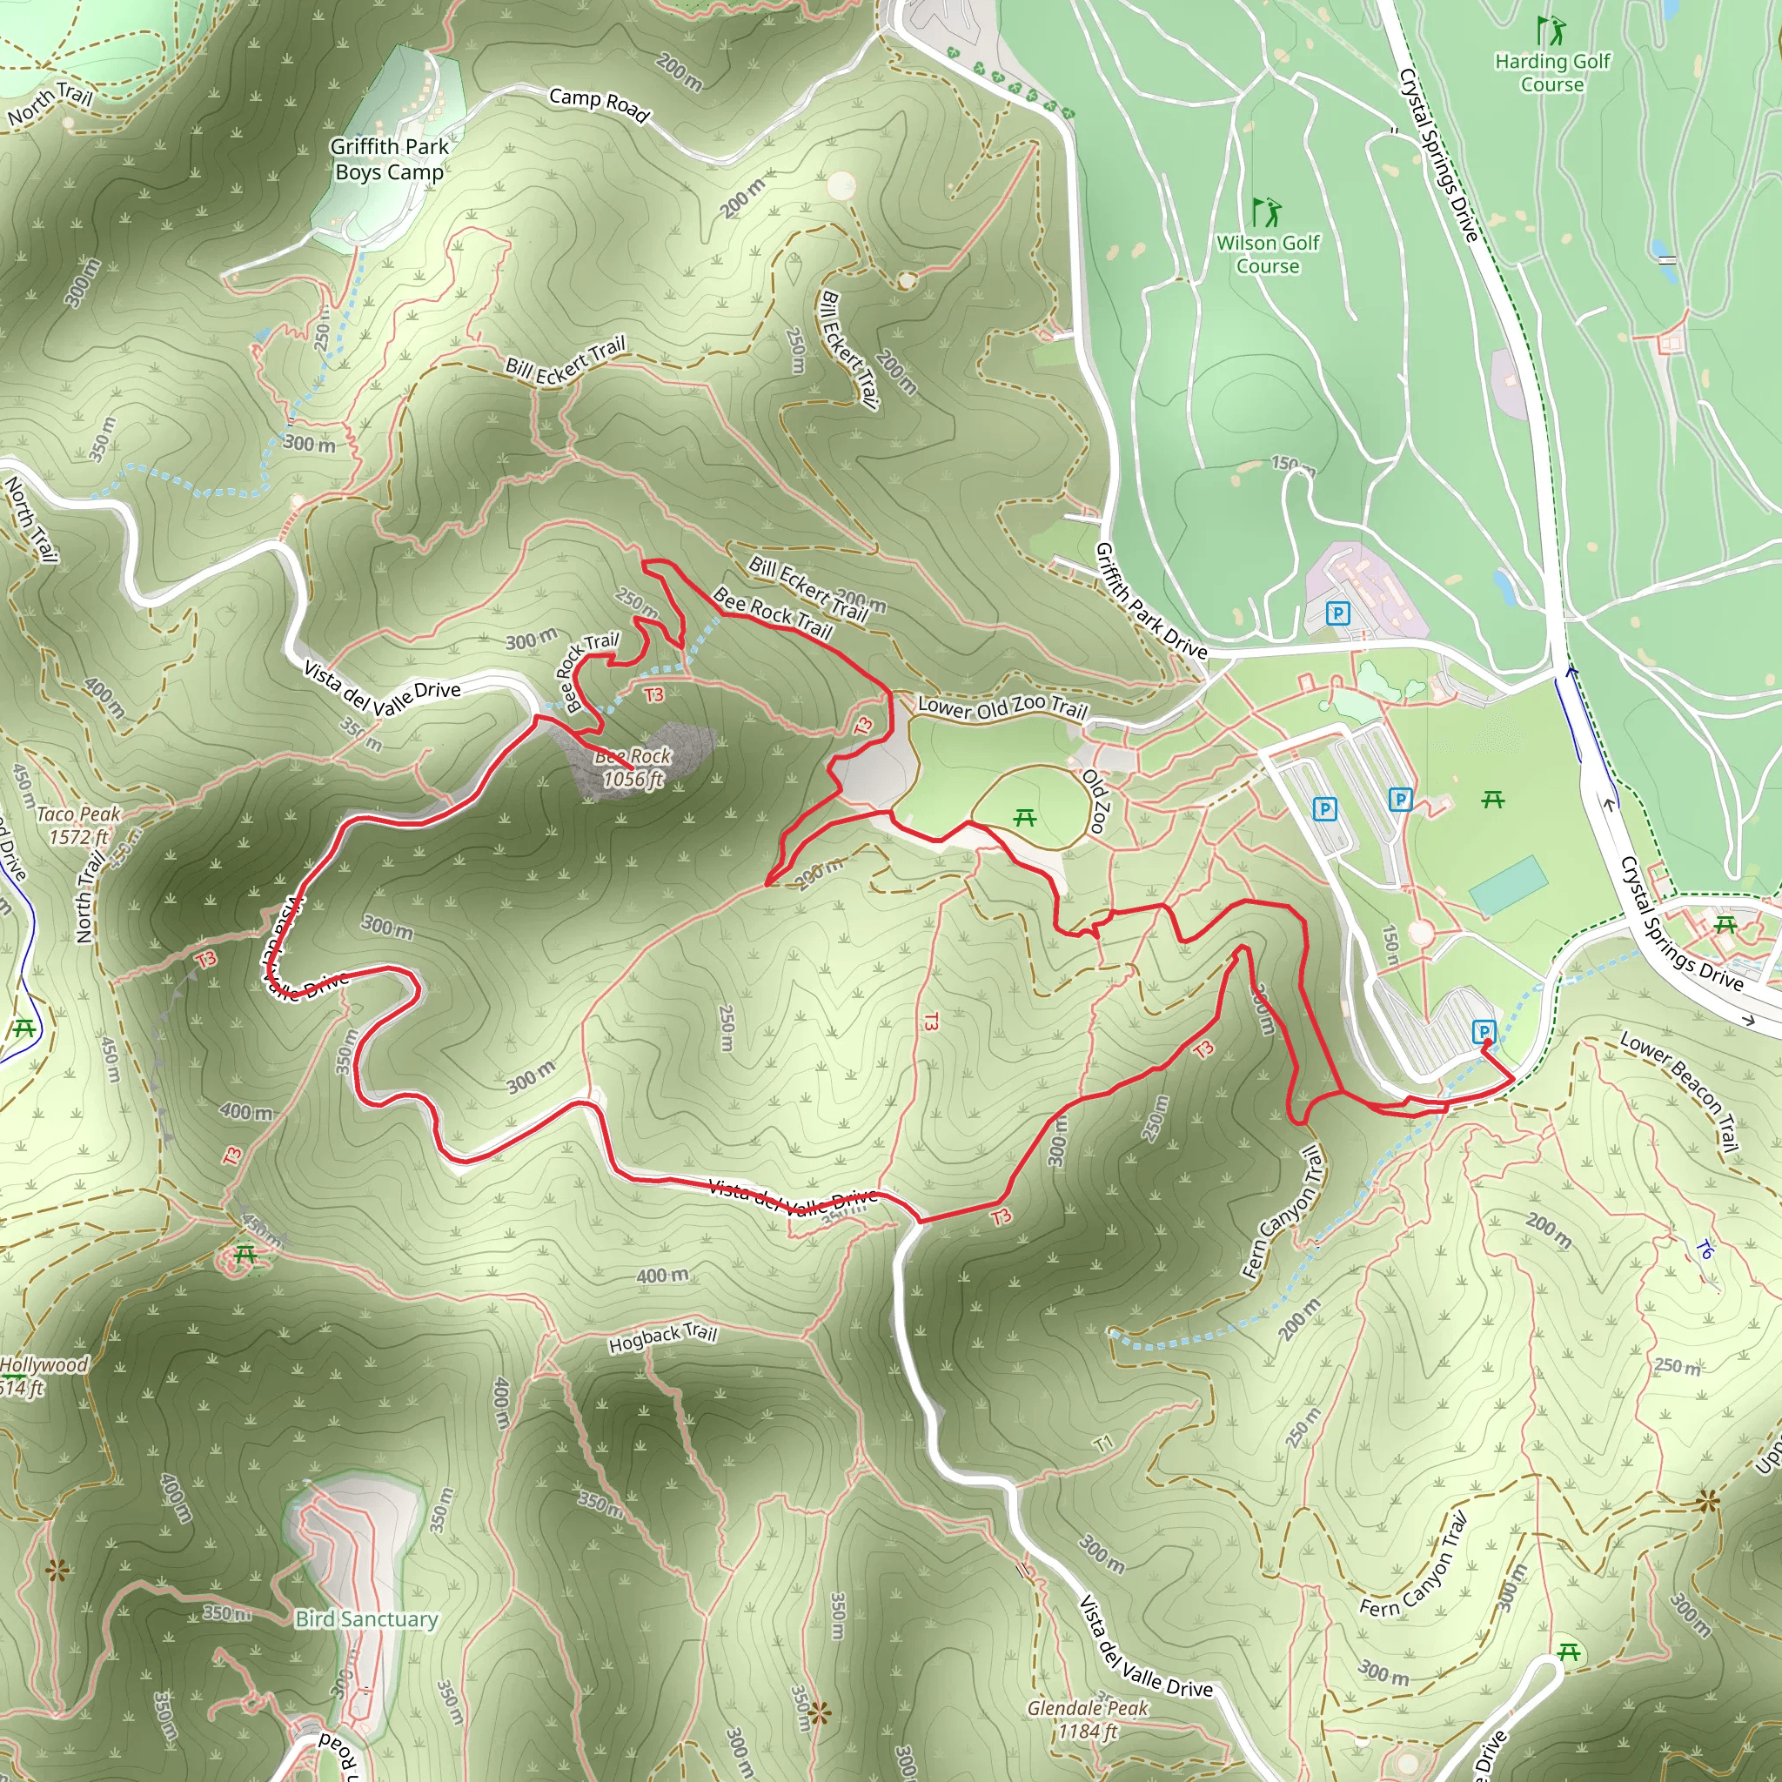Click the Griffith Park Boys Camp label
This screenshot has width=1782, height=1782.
389,159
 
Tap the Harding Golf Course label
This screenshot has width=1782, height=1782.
1552,73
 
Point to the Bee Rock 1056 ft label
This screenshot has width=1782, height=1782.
633,767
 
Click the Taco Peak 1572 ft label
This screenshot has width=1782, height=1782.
78,826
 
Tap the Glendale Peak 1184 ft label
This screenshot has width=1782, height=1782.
1089,1719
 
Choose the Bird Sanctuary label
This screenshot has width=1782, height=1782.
367,1618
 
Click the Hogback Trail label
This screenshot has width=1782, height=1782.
662,1338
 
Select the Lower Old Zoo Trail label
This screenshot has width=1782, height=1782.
1002,707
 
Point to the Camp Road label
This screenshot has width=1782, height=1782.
599,104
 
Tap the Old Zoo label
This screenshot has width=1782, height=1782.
1095,801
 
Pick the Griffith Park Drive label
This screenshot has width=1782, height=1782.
1151,600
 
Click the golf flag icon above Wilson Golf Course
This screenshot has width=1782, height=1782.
1266,211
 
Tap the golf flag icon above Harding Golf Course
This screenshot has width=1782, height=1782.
1551,30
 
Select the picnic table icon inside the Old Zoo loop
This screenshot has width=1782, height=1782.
1025,817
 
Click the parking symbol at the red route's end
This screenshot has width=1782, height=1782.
1484,1030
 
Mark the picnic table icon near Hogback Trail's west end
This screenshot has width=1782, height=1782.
245,1255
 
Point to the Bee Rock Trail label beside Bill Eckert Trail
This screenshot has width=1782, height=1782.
773,614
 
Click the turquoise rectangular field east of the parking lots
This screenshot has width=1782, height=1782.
1508,886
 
